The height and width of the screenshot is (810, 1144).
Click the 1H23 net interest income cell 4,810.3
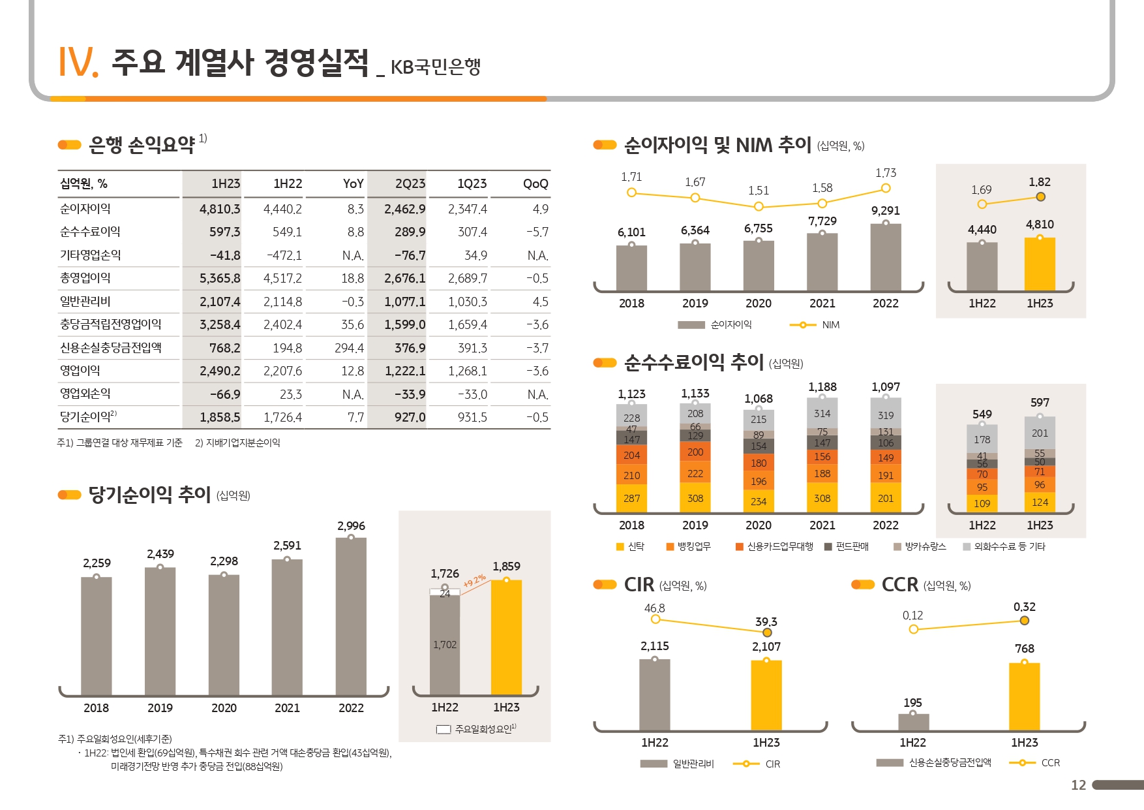click(x=220, y=209)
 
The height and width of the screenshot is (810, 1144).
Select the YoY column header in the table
click(x=353, y=184)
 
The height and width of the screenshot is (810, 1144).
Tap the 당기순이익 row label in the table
click(x=88, y=416)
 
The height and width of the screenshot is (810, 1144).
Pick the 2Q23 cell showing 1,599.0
click(x=405, y=324)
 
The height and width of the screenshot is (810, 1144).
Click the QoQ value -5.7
click(x=537, y=232)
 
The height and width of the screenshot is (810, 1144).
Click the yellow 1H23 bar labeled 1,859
click(x=506, y=636)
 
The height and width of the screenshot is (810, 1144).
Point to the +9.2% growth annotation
click(x=475, y=580)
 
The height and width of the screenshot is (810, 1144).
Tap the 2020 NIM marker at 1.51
click(x=759, y=206)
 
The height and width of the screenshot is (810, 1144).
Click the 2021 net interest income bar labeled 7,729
click(x=822, y=261)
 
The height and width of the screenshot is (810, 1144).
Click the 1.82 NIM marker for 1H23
click(x=1040, y=197)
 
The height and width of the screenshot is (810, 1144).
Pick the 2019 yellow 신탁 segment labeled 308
click(x=695, y=498)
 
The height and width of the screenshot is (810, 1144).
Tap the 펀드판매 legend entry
click(x=847, y=547)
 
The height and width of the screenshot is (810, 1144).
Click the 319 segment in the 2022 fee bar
click(x=886, y=415)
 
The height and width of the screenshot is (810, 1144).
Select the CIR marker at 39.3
click(x=767, y=632)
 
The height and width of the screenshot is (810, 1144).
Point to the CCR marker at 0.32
click(x=1025, y=621)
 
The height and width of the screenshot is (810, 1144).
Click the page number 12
click(x=1079, y=785)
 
